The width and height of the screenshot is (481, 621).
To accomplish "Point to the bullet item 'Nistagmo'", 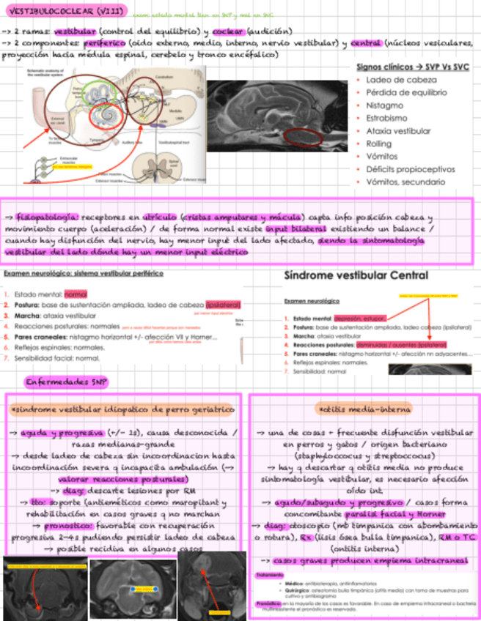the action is (x=381, y=105).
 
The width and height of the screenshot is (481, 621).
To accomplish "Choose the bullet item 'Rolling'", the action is (x=378, y=144).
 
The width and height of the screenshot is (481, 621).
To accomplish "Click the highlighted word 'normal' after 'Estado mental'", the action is (x=76, y=294).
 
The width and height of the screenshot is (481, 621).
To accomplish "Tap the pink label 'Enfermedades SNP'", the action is (x=66, y=382).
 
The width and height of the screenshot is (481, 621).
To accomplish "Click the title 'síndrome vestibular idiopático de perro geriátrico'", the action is (x=120, y=407).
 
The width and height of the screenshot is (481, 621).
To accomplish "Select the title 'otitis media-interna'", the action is (x=364, y=408).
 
